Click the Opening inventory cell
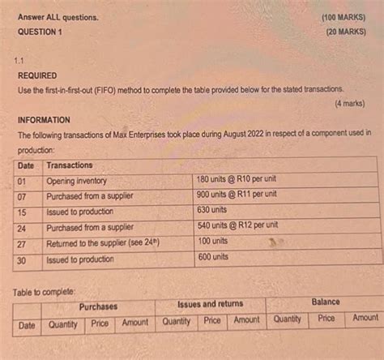77,181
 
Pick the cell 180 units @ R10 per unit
237,179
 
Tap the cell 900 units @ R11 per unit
237,195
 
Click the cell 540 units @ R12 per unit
238,225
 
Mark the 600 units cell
215,257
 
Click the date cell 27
23,243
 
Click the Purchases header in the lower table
98,306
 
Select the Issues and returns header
210,304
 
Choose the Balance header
325,302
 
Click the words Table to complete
47,289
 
